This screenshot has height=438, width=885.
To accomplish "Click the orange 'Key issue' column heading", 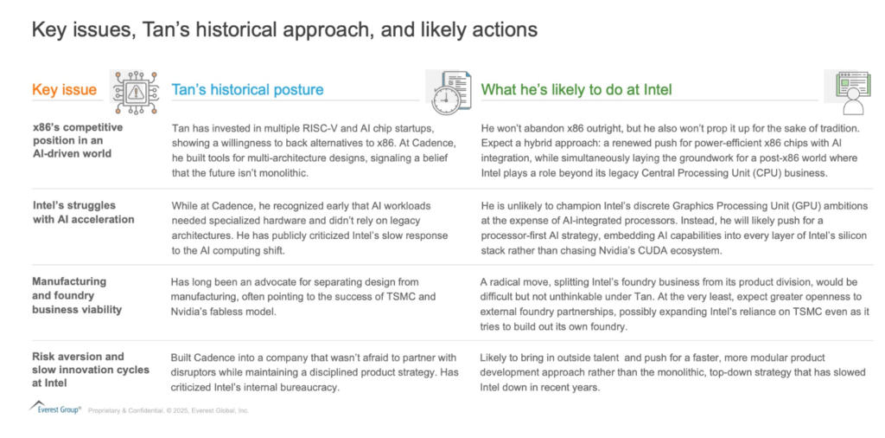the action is pyautogui.click(x=64, y=90).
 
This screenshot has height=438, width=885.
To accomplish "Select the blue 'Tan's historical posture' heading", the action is pyautogui.click(x=247, y=90).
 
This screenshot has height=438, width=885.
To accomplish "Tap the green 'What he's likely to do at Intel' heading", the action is pyautogui.click(x=576, y=90).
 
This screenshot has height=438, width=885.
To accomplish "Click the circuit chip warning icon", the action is pyautogui.click(x=134, y=91).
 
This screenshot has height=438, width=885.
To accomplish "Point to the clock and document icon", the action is pyautogui.click(x=450, y=92).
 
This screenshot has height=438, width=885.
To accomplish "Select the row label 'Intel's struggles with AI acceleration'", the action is pyautogui.click(x=83, y=212).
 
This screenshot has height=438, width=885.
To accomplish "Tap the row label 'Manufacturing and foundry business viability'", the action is pyautogui.click(x=77, y=295).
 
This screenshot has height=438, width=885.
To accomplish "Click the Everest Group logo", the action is pyautogui.click(x=54, y=409).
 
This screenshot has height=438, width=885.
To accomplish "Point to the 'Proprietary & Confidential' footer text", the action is pyautogui.click(x=169, y=411).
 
